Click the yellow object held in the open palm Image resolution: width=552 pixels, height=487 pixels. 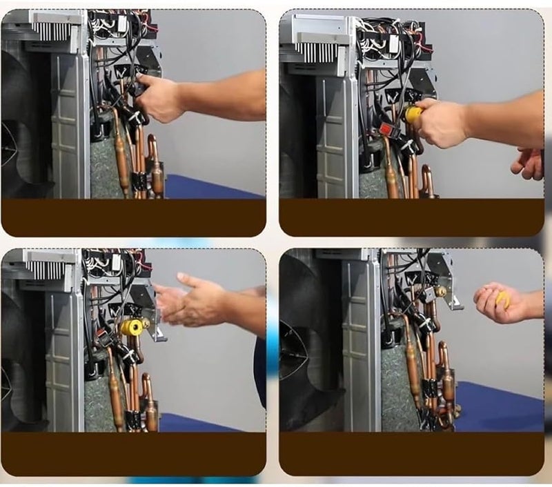502,299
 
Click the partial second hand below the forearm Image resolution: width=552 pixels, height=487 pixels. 530,164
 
